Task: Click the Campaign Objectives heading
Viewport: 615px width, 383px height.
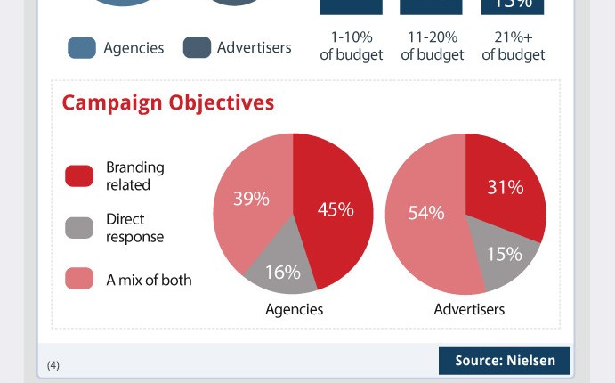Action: (x=167, y=103)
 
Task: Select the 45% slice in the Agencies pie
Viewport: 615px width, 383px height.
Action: (x=335, y=209)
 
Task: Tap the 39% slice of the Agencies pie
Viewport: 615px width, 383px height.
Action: (x=251, y=200)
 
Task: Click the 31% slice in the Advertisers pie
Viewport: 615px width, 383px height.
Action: (x=505, y=188)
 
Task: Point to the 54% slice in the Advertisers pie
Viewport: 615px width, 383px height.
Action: (x=426, y=214)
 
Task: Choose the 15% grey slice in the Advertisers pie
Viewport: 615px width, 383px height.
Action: (x=504, y=254)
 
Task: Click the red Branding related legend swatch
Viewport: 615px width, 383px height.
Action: (x=79, y=176)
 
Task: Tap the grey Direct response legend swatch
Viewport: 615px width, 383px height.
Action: (x=79, y=228)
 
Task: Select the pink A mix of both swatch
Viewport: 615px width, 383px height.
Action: (x=79, y=279)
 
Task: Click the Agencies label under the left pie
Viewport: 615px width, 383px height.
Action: (x=294, y=310)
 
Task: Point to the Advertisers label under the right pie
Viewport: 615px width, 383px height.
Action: (x=469, y=310)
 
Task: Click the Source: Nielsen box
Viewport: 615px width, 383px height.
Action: (x=505, y=361)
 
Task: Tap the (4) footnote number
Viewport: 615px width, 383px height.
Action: (x=53, y=365)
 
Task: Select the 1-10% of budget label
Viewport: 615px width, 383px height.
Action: (x=352, y=46)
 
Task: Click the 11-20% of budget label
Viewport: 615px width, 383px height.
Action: (x=433, y=46)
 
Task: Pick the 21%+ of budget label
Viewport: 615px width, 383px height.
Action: (x=514, y=46)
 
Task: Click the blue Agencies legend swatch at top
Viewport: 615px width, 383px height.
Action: (x=82, y=48)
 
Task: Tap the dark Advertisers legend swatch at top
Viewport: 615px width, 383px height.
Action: (x=197, y=48)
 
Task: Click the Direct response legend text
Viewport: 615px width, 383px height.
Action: (x=134, y=228)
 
